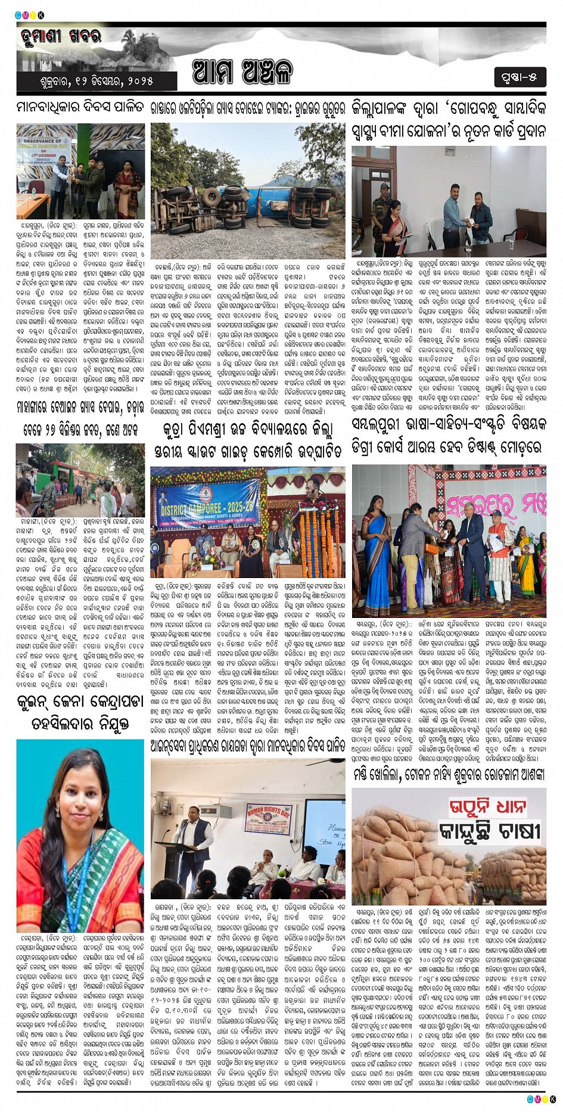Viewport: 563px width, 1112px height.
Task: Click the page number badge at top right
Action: [x=519, y=77]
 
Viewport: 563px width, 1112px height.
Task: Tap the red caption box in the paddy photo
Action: [x=487, y=808]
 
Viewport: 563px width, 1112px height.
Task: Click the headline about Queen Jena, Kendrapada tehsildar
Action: [x=80, y=712]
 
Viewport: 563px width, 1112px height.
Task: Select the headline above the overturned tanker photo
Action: [x=247, y=108]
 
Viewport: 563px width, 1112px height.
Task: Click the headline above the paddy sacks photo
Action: [x=449, y=775]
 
